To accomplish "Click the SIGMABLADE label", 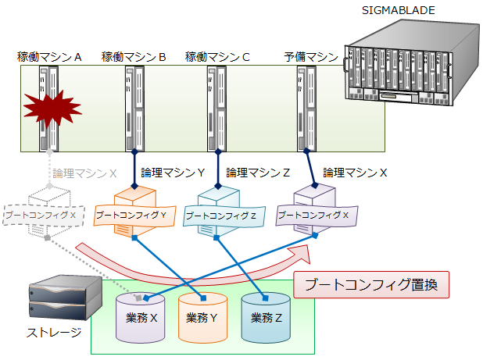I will (399, 9).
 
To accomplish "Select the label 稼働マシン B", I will (134, 57).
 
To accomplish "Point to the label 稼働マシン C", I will (217, 57).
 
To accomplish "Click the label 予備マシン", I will (311, 57).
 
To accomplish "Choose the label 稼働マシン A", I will (50, 57).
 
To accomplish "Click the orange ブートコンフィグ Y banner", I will (131, 214).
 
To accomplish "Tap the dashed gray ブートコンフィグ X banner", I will (41, 214).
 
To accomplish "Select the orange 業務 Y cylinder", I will (202, 318).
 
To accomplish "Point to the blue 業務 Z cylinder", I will (266, 318).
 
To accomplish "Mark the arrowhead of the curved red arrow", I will (300, 254).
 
